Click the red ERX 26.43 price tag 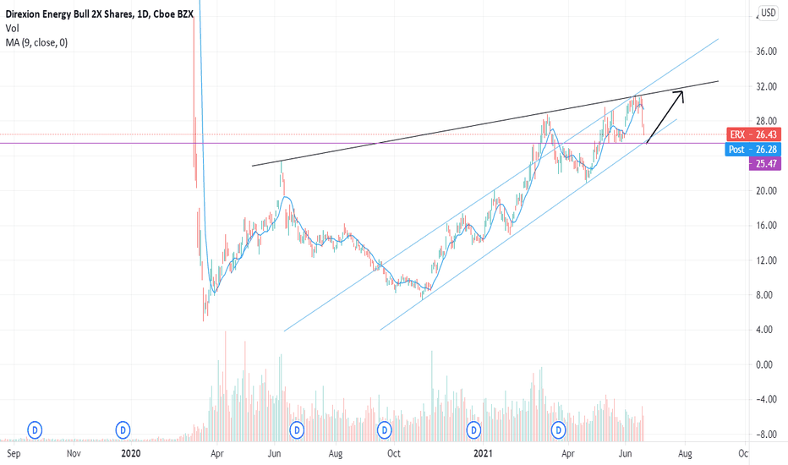[755, 135]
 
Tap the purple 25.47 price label [764, 164]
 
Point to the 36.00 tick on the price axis [767, 52]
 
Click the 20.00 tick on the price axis [767, 191]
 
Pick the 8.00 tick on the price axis [767, 295]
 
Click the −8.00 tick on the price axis [767, 435]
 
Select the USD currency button [769, 13]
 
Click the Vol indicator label [12, 28]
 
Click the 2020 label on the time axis [130, 454]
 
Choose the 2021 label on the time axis [483, 454]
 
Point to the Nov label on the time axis [74, 454]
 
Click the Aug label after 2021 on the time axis [685, 454]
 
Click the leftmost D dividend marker [36, 429]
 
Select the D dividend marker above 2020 [123, 429]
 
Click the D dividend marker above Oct [386, 429]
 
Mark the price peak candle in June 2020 [282, 162]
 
